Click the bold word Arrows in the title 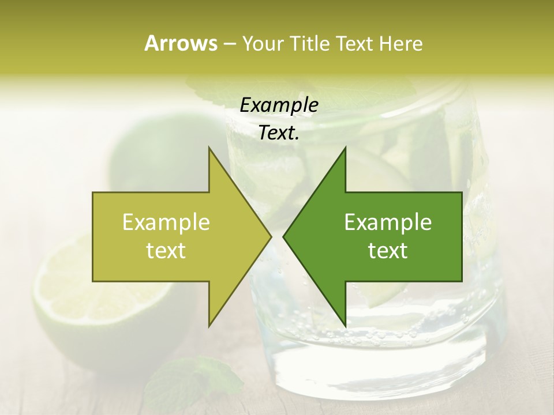pyautogui.click(x=181, y=43)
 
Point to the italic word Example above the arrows pyautogui.click(x=279, y=105)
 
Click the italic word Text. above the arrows pyautogui.click(x=279, y=133)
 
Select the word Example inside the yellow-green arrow pyautogui.click(x=166, y=222)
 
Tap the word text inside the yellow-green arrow pyautogui.click(x=166, y=251)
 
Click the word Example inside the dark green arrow pyautogui.click(x=388, y=222)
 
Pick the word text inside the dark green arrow pyautogui.click(x=388, y=251)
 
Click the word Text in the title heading pyautogui.click(x=354, y=43)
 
